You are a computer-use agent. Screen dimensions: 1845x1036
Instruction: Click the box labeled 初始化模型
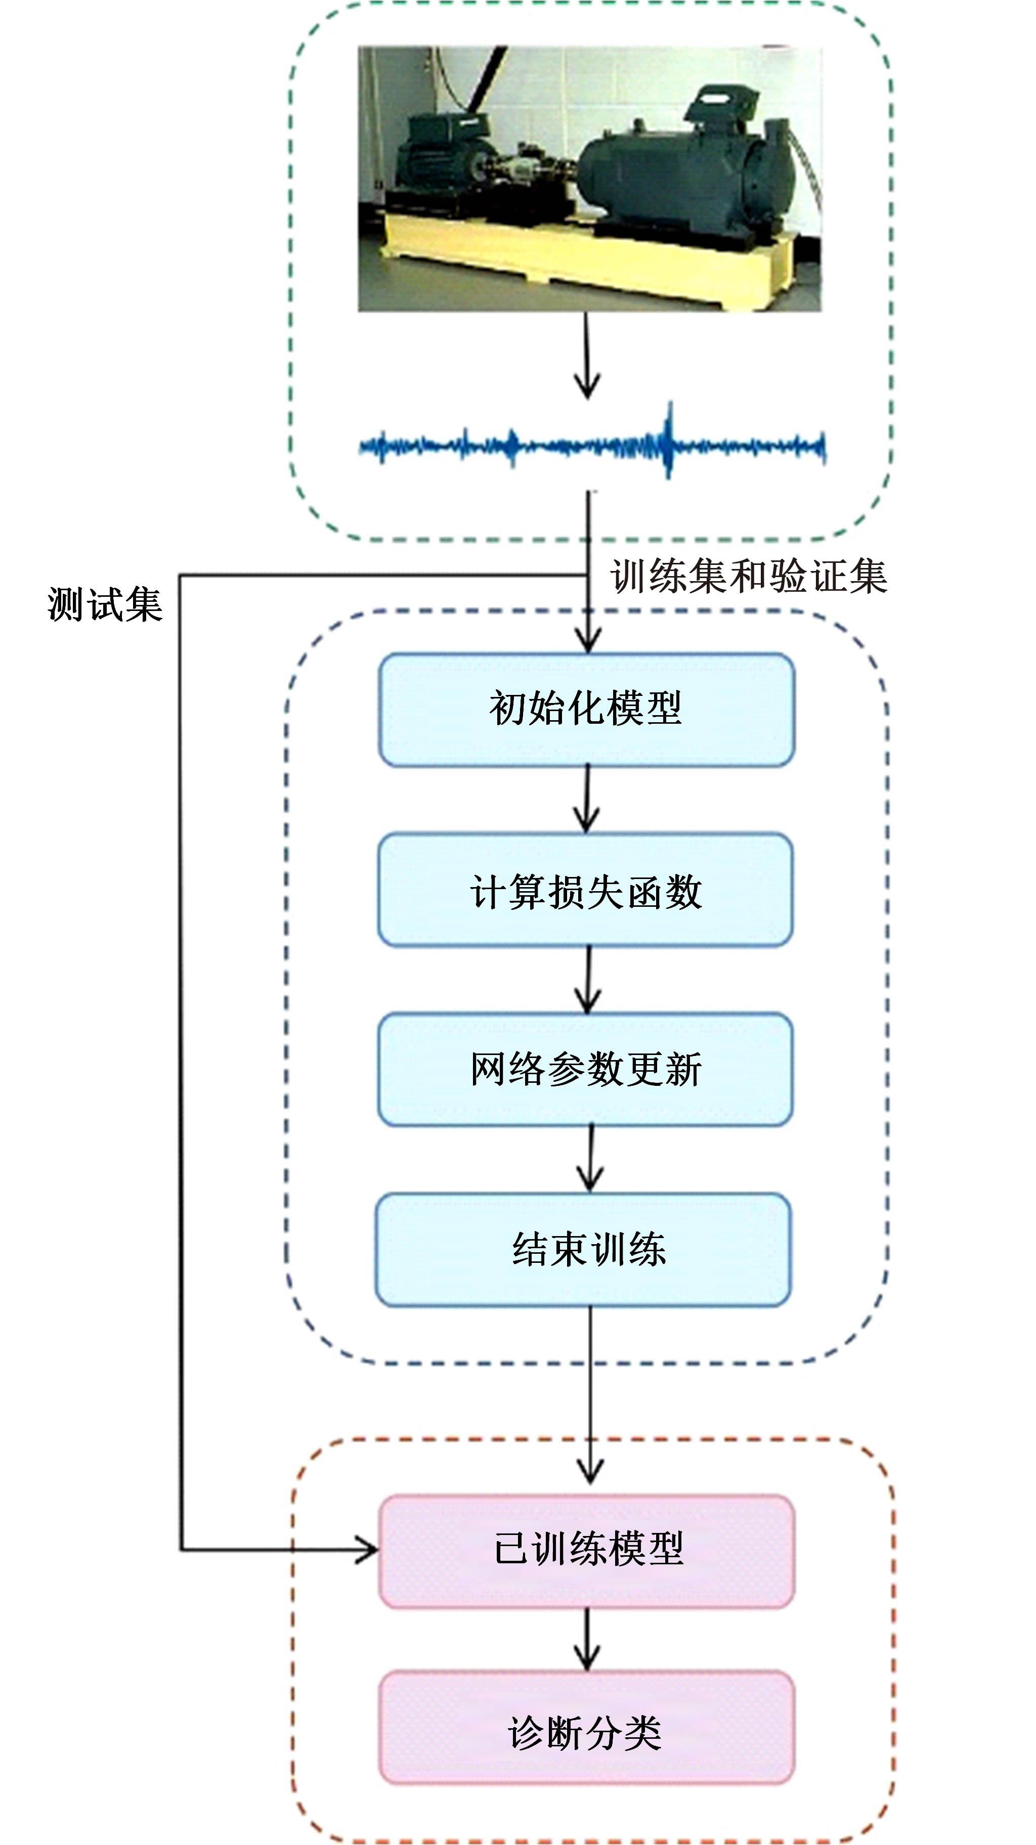(x=586, y=709)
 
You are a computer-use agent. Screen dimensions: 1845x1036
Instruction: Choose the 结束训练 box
(x=584, y=1249)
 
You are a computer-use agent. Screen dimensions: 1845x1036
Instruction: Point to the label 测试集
(x=105, y=604)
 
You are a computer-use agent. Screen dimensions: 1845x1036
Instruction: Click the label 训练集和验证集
(x=748, y=577)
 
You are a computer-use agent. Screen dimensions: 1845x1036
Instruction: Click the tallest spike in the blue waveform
(x=670, y=430)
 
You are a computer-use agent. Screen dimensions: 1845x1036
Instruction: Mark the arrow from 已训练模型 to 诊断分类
(x=587, y=1640)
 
